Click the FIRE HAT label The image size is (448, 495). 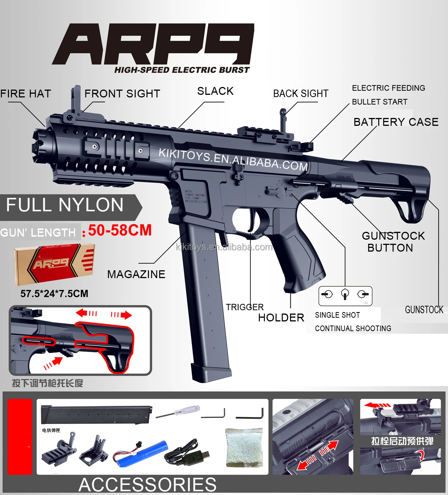coord(25,94)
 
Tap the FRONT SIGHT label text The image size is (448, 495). coord(122,94)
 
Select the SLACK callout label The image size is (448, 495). coord(215,91)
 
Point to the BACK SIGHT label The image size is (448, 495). coord(301,94)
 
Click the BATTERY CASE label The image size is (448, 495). coord(396,122)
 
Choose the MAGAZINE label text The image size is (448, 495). coord(136,274)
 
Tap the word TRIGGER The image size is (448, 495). coord(245,307)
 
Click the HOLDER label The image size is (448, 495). coord(281,318)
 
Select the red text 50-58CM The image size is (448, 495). coord(120,230)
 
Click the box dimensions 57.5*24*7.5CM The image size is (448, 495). coord(54,294)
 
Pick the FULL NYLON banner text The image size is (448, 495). coord(65,205)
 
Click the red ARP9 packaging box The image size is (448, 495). coord(54,264)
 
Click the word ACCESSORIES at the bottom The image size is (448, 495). coord(147,485)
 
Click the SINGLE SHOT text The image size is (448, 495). coord(337,315)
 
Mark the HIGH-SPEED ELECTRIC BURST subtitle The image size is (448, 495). coord(181,70)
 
